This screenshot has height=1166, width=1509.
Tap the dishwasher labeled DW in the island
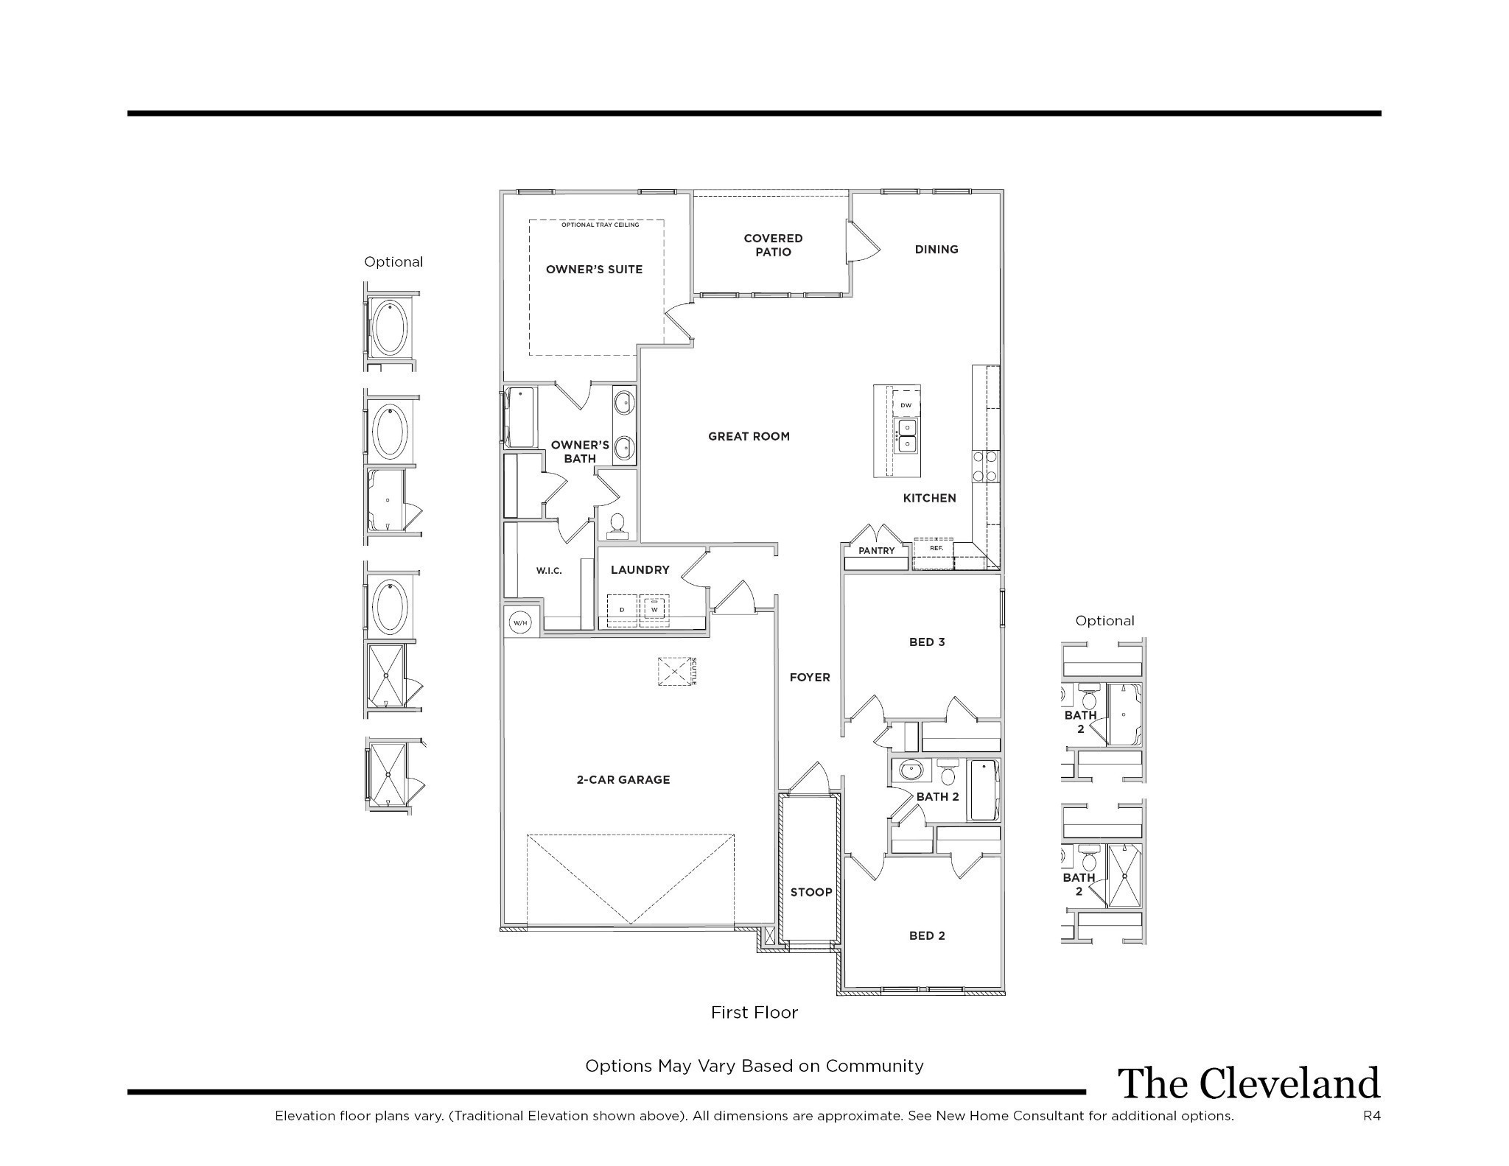tap(906, 405)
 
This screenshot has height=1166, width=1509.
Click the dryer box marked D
tap(622, 610)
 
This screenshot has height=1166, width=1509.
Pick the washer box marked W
tap(654, 610)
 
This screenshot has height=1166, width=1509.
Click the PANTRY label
tap(877, 550)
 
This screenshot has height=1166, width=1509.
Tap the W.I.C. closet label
tap(549, 570)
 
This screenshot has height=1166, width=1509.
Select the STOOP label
tap(811, 892)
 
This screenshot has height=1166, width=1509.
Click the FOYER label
tap(810, 677)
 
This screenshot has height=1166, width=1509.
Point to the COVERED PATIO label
tap(773, 245)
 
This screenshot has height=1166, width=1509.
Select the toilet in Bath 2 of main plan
tap(948, 772)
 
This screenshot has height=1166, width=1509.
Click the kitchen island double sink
tap(907, 435)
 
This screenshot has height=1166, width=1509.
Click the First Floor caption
tap(754, 1013)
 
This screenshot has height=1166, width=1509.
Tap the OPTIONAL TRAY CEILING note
tap(601, 225)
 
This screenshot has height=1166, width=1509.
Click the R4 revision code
tap(1372, 1116)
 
